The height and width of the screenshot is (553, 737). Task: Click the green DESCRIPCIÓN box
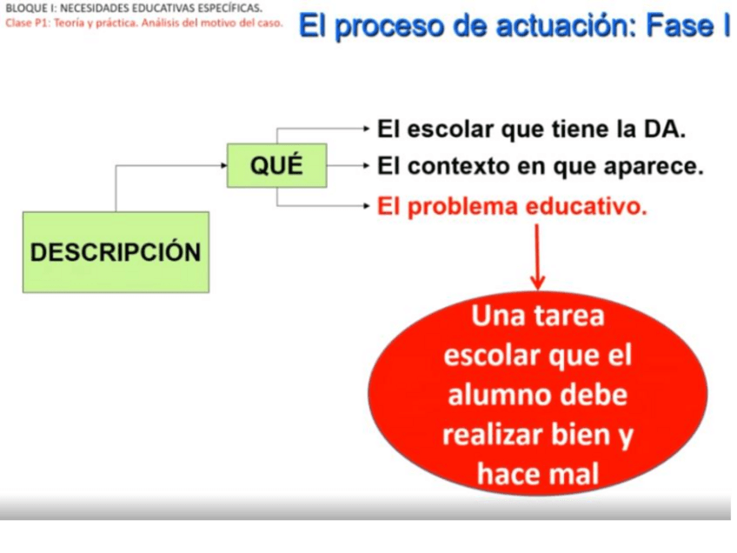(x=116, y=252)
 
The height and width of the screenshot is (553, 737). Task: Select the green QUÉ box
(x=277, y=165)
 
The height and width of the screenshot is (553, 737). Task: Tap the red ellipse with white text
(x=538, y=393)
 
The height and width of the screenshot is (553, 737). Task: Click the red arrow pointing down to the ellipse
(x=538, y=257)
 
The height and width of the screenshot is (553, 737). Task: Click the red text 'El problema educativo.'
(x=512, y=206)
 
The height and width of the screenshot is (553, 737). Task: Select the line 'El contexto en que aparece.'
(x=541, y=166)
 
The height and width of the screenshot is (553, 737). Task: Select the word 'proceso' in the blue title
(x=389, y=27)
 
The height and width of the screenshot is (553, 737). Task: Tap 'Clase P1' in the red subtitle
(x=21, y=23)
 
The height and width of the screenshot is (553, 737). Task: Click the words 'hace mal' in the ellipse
(x=538, y=473)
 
